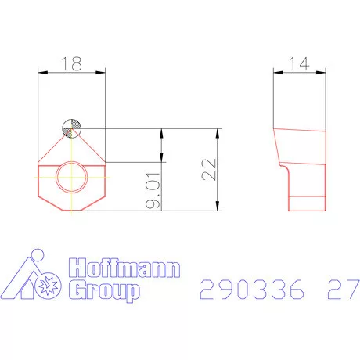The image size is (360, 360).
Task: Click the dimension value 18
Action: pyautogui.click(x=71, y=64)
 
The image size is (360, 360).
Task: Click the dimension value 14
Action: pyautogui.click(x=298, y=64)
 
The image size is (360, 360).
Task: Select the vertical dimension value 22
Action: pyautogui.click(x=209, y=169)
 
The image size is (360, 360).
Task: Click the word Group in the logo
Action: pyautogui.click(x=105, y=293)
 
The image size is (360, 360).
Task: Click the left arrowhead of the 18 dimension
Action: pyautogui.click(x=42, y=73)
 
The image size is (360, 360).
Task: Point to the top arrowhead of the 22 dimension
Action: pyautogui.click(x=219, y=132)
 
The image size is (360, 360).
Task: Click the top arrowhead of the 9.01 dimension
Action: pyautogui.click(x=161, y=132)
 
